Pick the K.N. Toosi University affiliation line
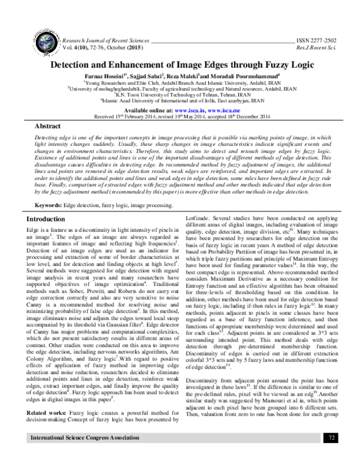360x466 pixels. click(179, 94)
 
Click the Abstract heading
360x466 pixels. click(47, 127)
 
